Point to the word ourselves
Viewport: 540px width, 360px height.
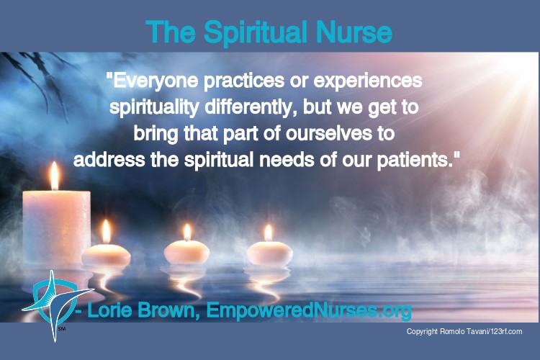329,133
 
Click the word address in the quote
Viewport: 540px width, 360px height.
109,160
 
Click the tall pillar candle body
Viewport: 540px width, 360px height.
56,228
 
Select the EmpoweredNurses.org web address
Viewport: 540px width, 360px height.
309,311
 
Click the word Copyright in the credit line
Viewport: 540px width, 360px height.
422,332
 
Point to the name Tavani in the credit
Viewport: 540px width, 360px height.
476,331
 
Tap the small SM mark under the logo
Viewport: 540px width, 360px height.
62,328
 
